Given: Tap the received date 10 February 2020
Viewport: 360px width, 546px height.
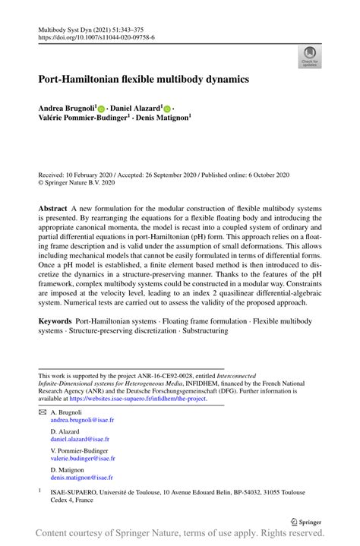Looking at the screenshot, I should point(90,174).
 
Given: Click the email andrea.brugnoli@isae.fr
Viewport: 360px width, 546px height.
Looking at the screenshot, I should point(83,419).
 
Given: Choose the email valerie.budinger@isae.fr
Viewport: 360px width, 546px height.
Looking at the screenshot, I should point(83,459).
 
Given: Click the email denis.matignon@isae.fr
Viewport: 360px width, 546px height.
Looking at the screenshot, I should point(81,478).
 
